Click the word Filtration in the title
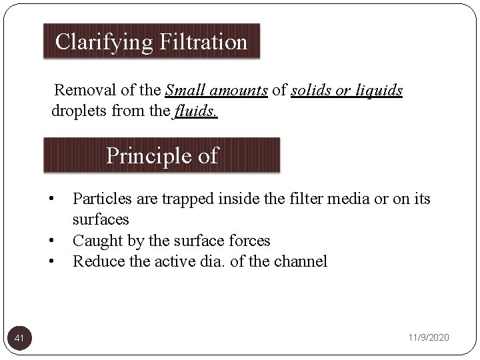pos(203,43)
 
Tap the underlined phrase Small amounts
pos(216,90)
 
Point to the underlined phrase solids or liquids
pos(347,90)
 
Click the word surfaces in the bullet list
pos(101,219)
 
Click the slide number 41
pos(20,339)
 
